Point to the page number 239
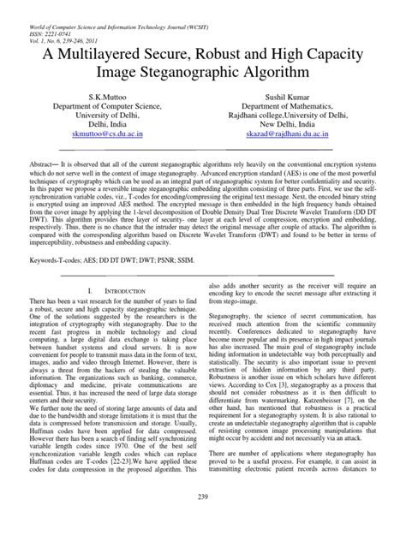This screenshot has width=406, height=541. point(202,522)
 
